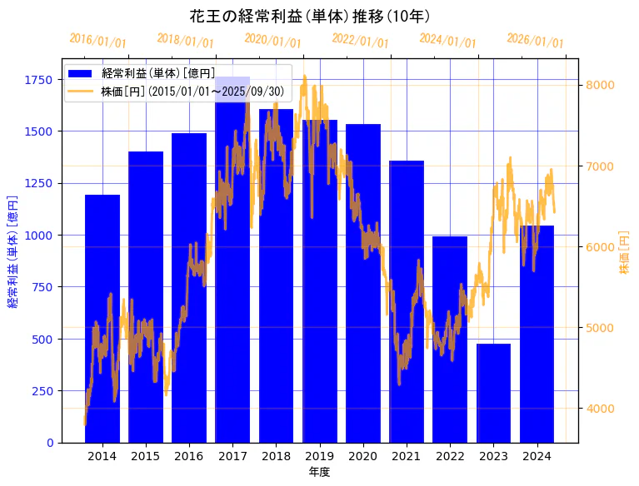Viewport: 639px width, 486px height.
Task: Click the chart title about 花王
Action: [x=310, y=17]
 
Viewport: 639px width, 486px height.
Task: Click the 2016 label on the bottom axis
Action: [x=189, y=456]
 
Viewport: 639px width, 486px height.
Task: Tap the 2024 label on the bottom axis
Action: [x=537, y=456]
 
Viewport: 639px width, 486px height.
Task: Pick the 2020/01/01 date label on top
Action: [x=272, y=41]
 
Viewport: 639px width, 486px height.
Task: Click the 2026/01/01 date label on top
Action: [x=535, y=41]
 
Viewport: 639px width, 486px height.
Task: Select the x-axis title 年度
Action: [x=319, y=472]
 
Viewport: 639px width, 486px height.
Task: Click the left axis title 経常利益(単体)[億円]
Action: [x=12, y=250]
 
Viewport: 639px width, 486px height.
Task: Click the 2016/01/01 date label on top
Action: [x=97, y=41]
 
